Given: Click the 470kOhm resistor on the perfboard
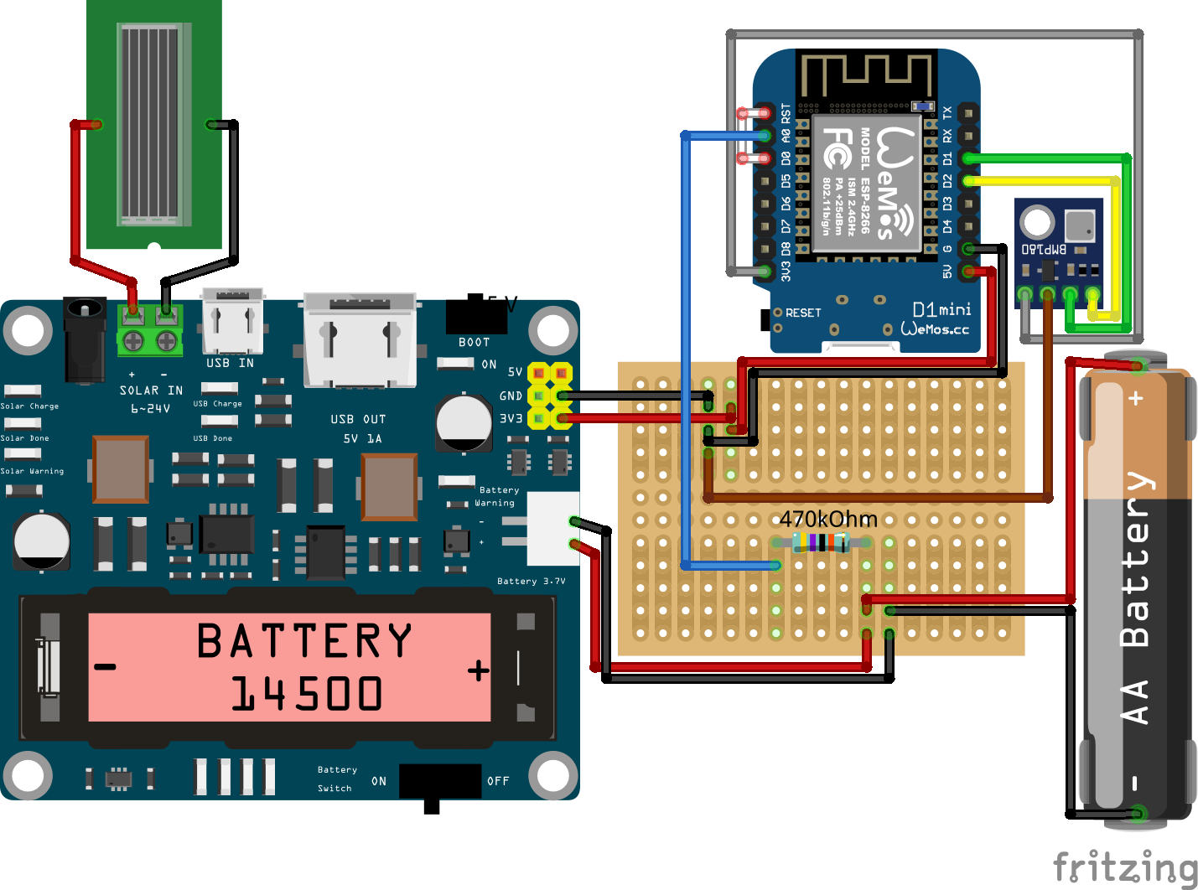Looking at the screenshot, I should [821, 542].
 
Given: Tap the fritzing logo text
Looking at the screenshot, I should [1124, 867].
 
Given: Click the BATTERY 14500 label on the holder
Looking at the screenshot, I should [305, 667].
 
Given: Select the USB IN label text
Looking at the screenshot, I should [230, 363].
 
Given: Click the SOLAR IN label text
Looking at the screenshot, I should [151, 391].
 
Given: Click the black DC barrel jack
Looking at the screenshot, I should [85, 339].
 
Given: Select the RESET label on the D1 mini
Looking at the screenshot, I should [803, 313].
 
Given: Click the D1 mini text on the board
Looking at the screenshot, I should [941, 309].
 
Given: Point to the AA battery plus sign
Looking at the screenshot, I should [1136, 398].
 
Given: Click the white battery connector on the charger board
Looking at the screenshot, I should [552, 528].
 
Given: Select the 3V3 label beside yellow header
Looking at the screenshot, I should [511, 418].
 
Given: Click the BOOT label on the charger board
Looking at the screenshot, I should [474, 342].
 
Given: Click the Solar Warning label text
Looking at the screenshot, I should [32, 471].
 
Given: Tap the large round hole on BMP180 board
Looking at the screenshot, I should [1037, 223].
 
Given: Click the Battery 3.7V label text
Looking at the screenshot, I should [531, 581].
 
